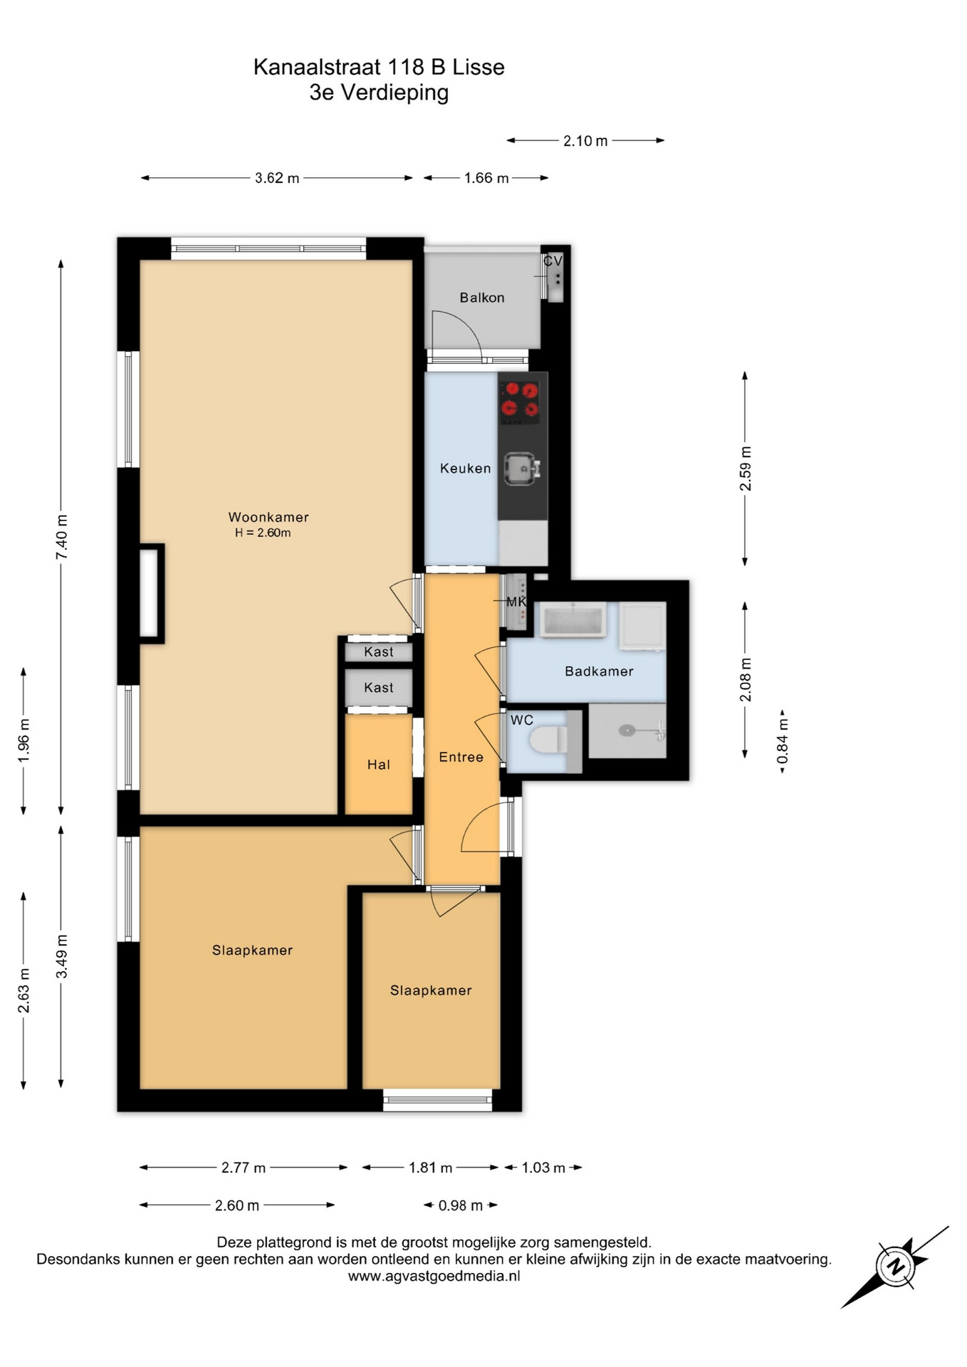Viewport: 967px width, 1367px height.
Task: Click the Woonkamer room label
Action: coord(268,517)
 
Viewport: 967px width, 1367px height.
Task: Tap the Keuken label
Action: coord(466,468)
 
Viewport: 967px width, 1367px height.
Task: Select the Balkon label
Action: coord(482,298)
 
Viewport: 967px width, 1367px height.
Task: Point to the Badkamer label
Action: coord(599,671)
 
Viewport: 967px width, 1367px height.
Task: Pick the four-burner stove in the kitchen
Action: coord(519,399)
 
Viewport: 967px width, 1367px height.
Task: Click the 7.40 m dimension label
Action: coord(62,536)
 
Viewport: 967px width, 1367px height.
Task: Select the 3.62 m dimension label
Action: coord(277,178)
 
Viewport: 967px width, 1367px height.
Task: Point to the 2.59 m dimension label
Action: coord(746,468)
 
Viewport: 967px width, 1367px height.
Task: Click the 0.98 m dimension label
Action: coord(461,1205)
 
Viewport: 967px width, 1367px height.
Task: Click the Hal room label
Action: coord(379,765)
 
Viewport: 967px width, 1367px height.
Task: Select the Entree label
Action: coord(461,757)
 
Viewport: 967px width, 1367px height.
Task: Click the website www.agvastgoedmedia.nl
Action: coord(434,1277)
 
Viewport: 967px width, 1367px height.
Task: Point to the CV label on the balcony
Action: coord(553,261)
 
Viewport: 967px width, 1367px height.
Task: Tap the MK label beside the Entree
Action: coord(516,602)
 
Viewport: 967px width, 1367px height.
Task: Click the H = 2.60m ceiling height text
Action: coord(263,533)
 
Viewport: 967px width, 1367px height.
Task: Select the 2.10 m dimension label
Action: coord(585,141)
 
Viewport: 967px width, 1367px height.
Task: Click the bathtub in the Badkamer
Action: coord(573,619)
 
